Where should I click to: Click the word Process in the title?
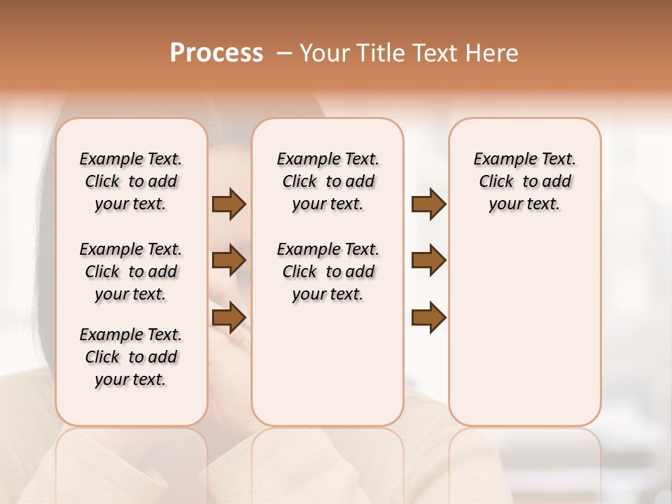tap(216, 53)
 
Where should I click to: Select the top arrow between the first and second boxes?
tap(229, 204)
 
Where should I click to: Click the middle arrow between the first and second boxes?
tap(229, 260)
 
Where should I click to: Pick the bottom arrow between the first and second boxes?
tap(229, 318)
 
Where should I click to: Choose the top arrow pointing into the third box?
tap(428, 204)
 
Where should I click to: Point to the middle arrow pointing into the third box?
tap(428, 260)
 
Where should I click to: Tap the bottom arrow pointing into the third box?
tap(428, 318)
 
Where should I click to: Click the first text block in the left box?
tap(131, 181)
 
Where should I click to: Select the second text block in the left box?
tap(131, 272)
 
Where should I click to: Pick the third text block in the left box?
tap(131, 357)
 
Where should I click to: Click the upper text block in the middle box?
tap(328, 181)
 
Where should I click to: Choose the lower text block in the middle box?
tap(328, 272)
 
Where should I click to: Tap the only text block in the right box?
tap(524, 181)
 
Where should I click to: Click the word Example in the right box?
tap(499, 160)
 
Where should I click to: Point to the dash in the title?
tap(284, 53)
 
